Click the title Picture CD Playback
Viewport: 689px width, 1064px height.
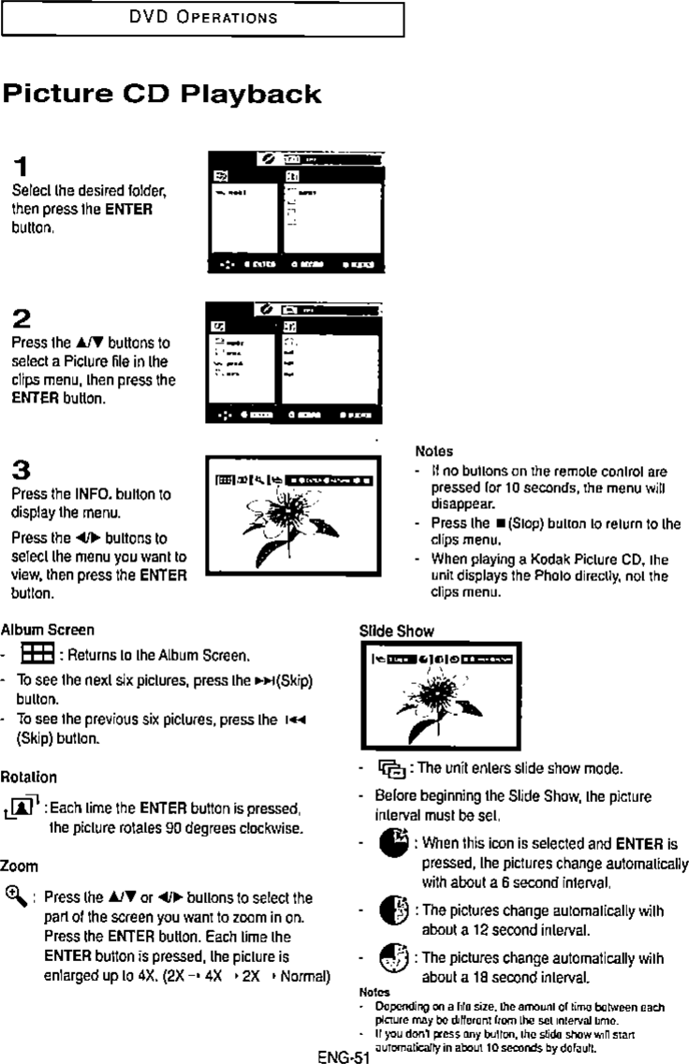tap(162, 95)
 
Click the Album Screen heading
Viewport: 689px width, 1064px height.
tap(47, 630)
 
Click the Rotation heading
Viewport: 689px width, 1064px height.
tap(29, 777)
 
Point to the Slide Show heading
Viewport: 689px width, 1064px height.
tap(397, 631)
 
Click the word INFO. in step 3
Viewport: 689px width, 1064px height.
tap(93, 492)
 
